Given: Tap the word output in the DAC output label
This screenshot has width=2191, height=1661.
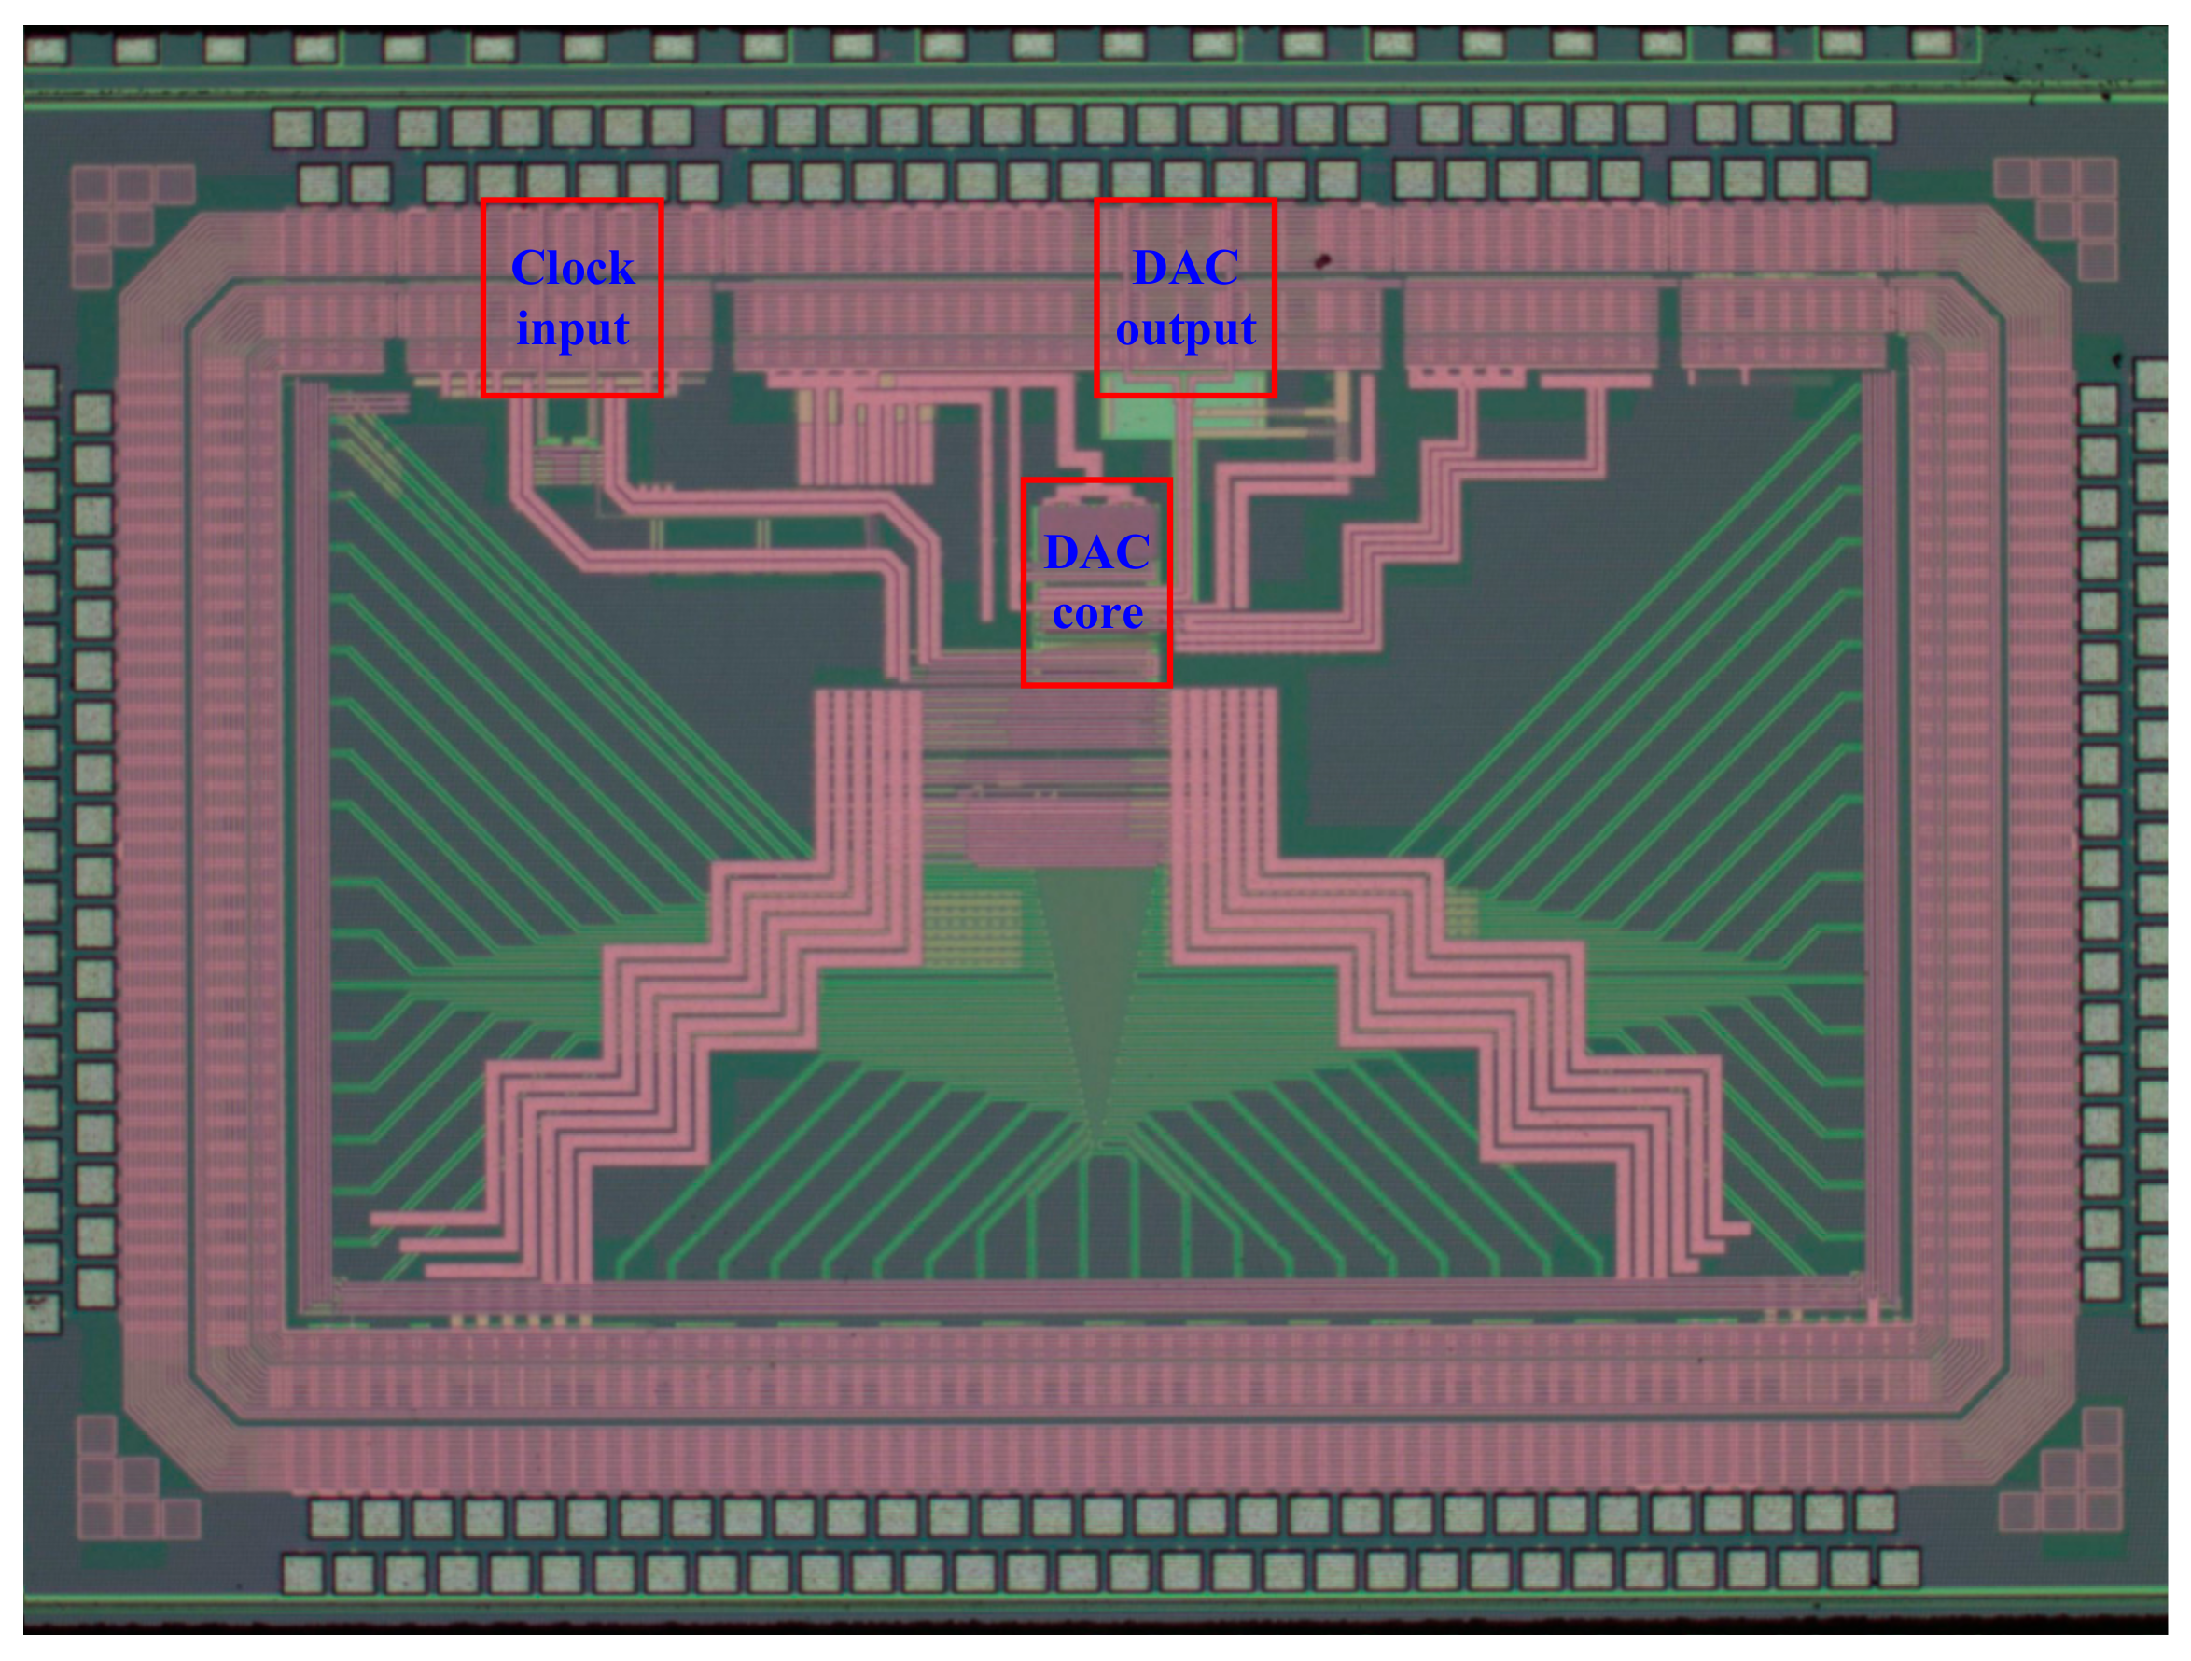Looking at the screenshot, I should click(x=1185, y=328).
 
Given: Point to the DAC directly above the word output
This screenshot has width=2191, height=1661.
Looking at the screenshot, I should click(x=1185, y=268).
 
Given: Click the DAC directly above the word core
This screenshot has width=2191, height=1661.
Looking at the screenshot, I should click(x=1096, y=551).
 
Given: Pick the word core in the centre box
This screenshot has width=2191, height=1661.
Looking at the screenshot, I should click(x=1096, y=613).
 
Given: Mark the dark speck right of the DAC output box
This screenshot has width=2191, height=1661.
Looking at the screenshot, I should click(x=1321, y=261).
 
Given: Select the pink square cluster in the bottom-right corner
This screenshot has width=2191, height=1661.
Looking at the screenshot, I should click(x=2070, y=1477).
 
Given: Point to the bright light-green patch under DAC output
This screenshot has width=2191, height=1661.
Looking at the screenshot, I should click(x=1139, y=416).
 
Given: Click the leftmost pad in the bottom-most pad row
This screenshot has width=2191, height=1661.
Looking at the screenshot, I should click(x=303, y=1575).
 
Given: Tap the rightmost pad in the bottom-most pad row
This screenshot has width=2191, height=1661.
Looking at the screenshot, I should click(x=1899, y=1569).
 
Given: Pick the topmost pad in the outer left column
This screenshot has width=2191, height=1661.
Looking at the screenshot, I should click(x=39, y=387).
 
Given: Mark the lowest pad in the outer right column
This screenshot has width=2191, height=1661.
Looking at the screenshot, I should click(x=2153, y=1305).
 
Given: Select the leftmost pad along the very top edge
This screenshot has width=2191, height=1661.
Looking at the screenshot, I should click(x=46, y=49).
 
